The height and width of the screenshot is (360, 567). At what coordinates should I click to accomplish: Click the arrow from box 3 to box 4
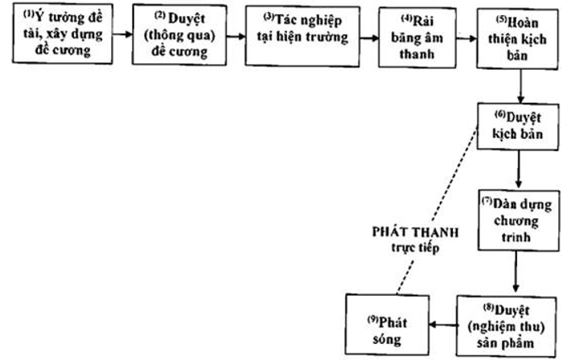click(368, 37)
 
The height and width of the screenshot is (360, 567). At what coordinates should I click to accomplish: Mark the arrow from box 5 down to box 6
click(523, 85)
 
